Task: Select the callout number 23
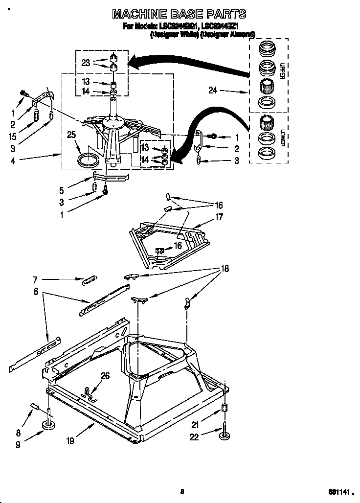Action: click(x=86, y=63)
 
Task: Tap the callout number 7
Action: click(x=35, y=280)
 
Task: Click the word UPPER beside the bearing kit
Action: click(x=282, y=71)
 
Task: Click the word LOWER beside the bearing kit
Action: click(x=282, y=137)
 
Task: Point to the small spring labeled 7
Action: click(x=89, y=279)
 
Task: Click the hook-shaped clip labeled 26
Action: click(x=88, y=393)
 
